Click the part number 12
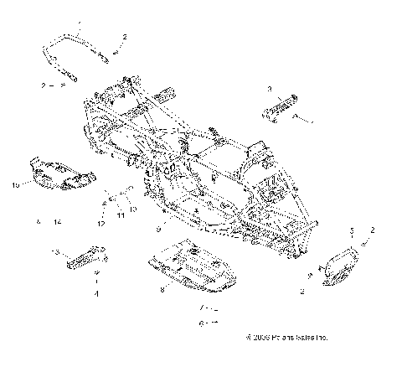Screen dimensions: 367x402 100,225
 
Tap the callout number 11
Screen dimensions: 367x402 119,215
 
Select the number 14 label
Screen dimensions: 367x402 57,222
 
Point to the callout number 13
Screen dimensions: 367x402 55,251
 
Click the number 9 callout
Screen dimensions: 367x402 157,228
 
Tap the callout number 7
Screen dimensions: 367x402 200,308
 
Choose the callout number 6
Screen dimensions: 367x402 200,321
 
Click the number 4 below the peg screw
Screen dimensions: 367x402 96,295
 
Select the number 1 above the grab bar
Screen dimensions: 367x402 80,28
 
